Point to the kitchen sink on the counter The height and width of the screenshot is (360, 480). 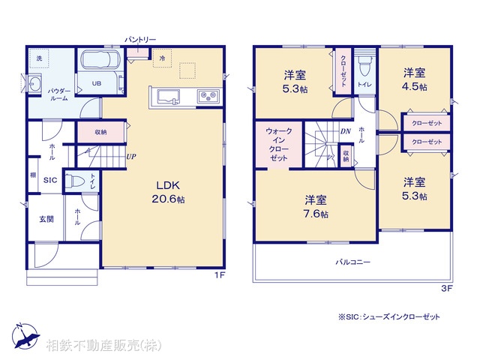click(x=166, y=97)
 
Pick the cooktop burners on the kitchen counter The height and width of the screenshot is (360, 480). click(x=207, y=96)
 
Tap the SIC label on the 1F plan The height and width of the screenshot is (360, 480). click(x=49, y=181)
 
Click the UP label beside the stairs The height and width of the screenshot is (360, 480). click(x=131, y=157)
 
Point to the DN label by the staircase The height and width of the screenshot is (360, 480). click(x=345, y=133)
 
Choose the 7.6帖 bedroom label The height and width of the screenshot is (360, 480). click(x=316, y=206)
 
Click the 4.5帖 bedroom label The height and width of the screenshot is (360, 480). click(x=415, y=80)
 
